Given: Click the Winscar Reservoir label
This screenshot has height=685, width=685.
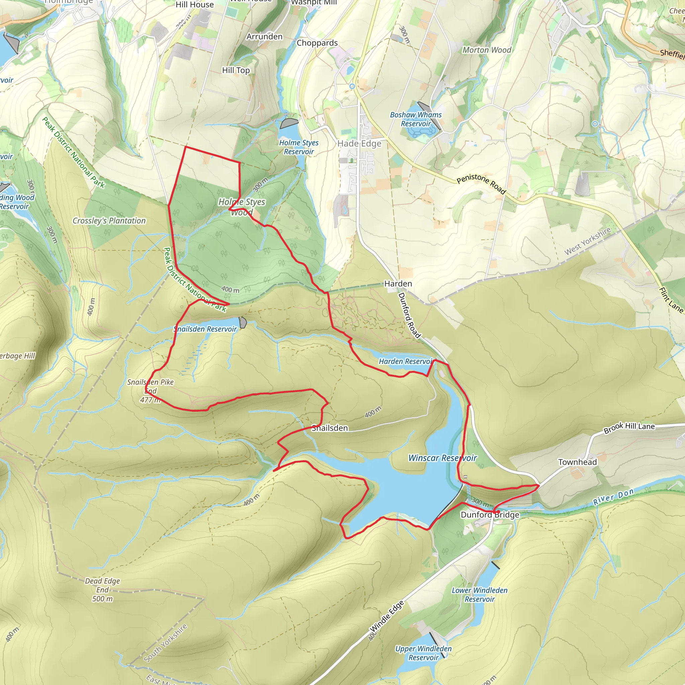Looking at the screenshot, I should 443,458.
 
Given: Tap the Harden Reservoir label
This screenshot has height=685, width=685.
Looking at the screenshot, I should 406,361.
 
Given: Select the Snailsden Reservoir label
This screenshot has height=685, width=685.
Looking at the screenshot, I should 205,329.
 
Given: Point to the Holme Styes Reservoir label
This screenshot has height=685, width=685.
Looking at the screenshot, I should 299,147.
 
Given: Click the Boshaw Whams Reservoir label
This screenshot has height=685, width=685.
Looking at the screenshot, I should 415,119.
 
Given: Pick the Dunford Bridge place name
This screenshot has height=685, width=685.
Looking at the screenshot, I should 490,514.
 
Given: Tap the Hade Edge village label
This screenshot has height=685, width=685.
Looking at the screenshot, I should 359,143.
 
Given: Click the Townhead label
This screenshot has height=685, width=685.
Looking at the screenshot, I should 577,462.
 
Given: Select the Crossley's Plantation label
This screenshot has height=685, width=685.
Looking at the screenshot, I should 109,220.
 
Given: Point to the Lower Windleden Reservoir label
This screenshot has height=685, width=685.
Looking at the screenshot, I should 479,595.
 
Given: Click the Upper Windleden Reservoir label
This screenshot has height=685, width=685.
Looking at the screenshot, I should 423,653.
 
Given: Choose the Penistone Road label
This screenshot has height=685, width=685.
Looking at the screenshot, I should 481,183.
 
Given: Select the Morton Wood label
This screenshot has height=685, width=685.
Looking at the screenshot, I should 486,50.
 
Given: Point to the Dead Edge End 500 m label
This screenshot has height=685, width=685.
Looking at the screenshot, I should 102,590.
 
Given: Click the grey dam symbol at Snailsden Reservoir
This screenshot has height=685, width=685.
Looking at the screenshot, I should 243,323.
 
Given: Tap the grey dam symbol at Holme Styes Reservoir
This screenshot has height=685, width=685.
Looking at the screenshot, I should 289,123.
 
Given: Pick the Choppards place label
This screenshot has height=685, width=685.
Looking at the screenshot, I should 317,43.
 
